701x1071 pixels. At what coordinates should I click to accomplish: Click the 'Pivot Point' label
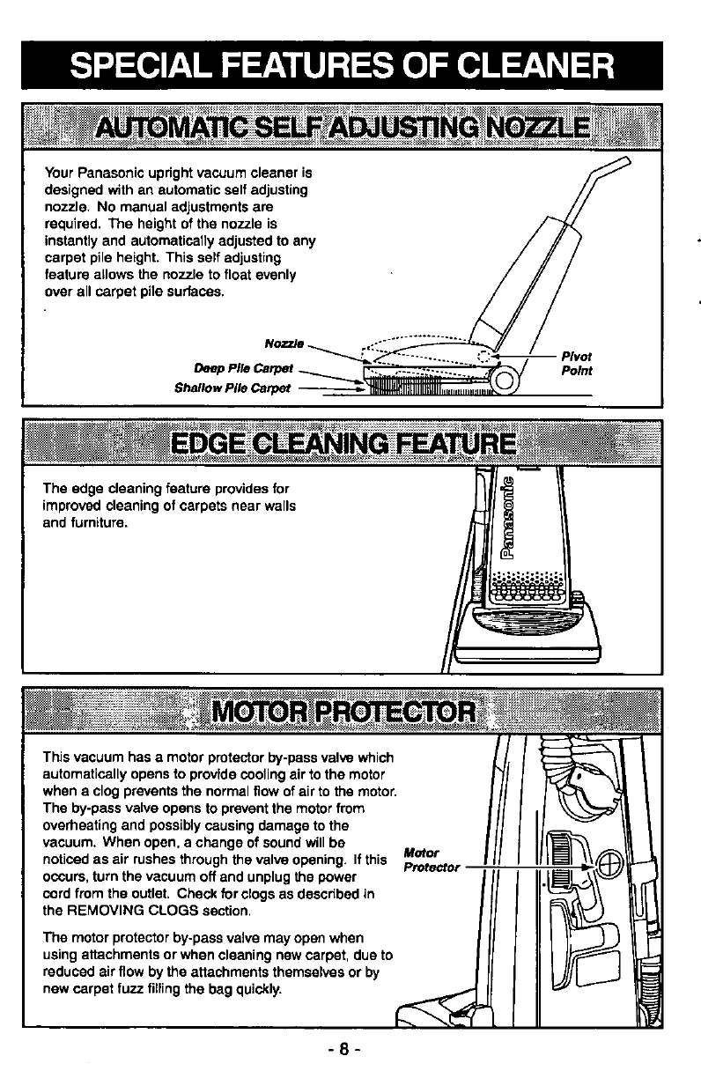point(576,363)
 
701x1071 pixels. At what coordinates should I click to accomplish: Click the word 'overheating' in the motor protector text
point(77,825)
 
